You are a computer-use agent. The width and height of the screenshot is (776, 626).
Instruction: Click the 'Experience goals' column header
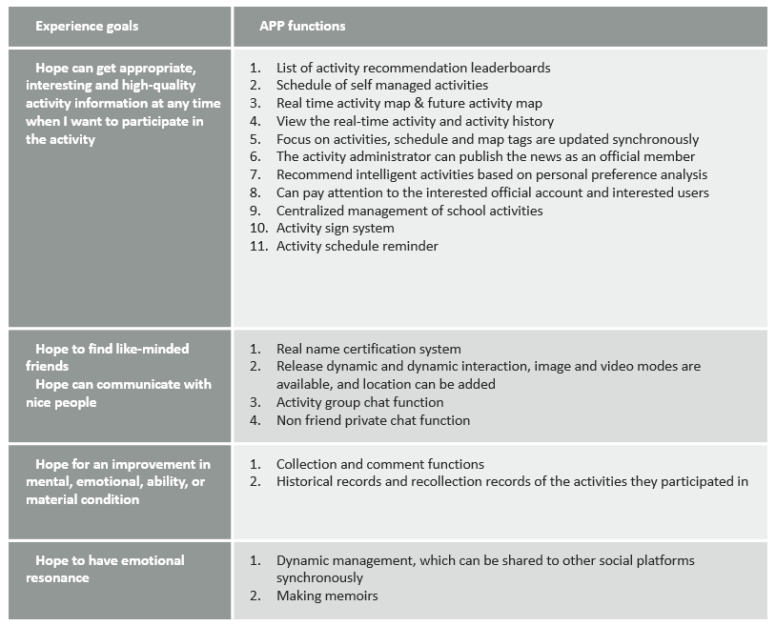click(x=87, y=26)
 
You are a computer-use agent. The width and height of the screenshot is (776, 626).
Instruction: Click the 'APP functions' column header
click(x=302, y=26)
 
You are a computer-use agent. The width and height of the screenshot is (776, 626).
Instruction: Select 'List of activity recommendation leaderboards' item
click(x=413, y=68)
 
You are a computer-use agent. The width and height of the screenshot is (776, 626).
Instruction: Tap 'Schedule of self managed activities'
click(x=381, y=86)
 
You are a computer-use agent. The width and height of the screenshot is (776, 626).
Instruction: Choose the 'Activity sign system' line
click(x=335, y=228)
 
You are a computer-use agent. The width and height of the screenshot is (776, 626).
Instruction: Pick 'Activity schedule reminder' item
click(x=357, y=246)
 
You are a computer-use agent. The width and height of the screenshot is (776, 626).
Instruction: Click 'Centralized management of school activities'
click(x=409, y=210)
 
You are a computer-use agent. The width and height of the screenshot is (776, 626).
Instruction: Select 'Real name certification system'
click(x=368, y=349)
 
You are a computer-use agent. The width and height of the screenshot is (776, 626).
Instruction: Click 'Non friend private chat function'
click(x=373, y=420)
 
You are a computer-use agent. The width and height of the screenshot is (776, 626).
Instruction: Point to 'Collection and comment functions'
click(x=379, y=464)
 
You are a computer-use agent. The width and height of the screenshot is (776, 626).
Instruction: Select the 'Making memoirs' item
click(x=327, y=596)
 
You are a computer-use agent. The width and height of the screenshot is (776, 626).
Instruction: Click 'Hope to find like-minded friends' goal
click(x=112, y=356)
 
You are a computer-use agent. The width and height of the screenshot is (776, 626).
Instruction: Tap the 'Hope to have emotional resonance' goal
click(x=110, y=569)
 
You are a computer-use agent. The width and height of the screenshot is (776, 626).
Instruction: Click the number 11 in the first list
click(x=255, y=246)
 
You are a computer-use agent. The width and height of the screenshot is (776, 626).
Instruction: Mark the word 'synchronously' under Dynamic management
click(x=319, y=577)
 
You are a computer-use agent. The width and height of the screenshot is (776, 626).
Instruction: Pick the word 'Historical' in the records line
click(x=305, y=481)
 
